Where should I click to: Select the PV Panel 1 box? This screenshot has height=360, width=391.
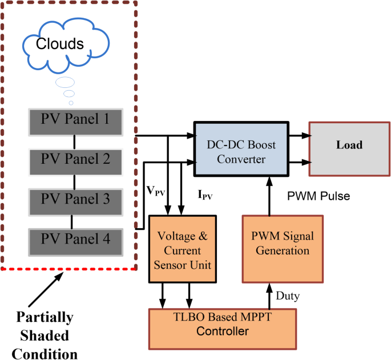click(75, 120)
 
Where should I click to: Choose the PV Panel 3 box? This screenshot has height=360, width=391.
click(75, 199)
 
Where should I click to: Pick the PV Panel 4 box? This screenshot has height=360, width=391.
click(75, 238)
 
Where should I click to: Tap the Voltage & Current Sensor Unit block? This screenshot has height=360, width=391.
click(183, 249)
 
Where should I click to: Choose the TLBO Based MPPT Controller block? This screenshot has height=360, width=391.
click(223, 325)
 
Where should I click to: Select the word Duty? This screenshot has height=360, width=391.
click(287, 297)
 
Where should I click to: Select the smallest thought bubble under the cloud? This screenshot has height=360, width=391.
click(71, 103)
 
